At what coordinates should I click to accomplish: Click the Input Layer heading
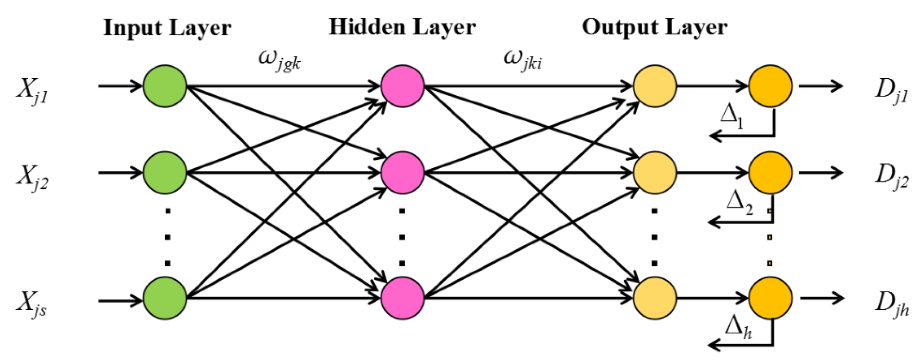pyautogui.click(x=167, y=28)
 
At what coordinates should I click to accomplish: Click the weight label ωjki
pyautogui.click(x=523, y=59)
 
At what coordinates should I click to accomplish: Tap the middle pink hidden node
pyautogui.click(x=403, y=173)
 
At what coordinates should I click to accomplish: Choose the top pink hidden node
pyautogui.click(x=403, y=86)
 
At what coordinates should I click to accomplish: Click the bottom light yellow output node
pyautogui.click(x=655, y=298)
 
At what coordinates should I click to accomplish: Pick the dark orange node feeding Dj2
pyautogui.click(x=770, y=173)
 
